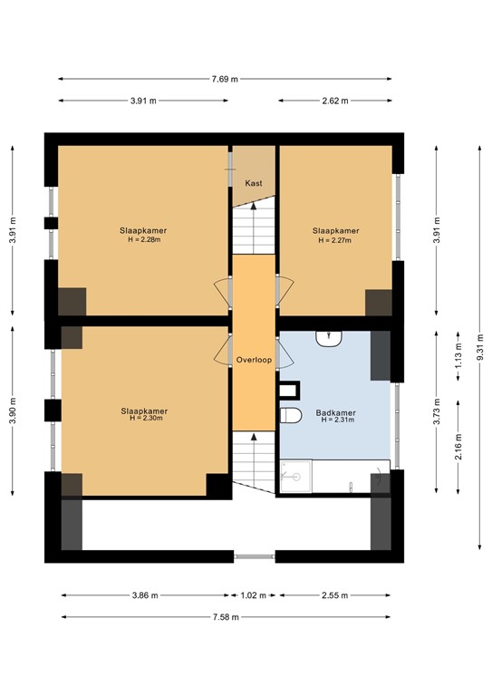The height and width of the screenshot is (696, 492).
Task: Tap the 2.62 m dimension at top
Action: click(x=334, y=101)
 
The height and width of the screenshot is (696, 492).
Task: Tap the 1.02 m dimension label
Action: click(x=254, y=595)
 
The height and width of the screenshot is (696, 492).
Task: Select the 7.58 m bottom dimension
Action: click(x=227, y=617)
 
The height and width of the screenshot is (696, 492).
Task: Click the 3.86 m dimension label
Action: click(x=143, y=595)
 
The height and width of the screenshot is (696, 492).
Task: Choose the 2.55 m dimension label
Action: click(x=335, y=595)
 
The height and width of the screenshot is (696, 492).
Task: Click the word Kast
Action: click(x=254, y=183)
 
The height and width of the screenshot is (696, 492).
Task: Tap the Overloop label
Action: click(x=254, y=360)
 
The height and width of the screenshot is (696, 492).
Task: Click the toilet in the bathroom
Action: click(x=291, y=415)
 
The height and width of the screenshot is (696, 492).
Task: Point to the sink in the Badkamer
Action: click(x=327, y=338)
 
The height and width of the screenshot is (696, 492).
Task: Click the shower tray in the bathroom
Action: click(x=294, y=477)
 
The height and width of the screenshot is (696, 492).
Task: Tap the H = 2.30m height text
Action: click(x=145, y=419)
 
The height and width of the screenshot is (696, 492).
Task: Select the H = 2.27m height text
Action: click(x=335, y=240)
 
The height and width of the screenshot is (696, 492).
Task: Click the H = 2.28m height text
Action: click(x=143, y=240)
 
